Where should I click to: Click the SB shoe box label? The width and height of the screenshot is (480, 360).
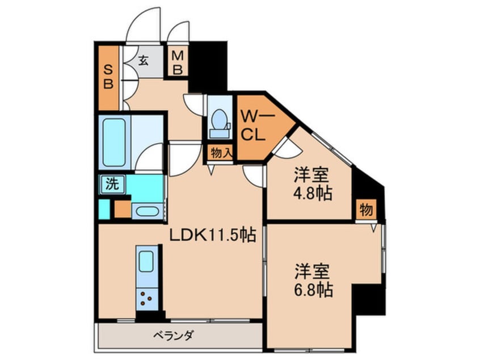tap(108, 77)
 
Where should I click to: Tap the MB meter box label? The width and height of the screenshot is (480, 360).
tap(178, 62)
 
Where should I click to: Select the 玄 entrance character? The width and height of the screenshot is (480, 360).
tap(144, 61)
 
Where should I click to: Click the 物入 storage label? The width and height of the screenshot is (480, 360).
tap(220, 152)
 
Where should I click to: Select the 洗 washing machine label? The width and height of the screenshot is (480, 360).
tap(111, 183)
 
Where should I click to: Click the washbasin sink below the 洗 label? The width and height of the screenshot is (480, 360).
tap(147, 210)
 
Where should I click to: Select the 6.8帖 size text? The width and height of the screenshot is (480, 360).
tap(313, 290)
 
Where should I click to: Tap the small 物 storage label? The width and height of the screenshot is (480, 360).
tap(365, 210)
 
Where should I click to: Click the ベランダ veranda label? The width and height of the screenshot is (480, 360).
tap(173, 336)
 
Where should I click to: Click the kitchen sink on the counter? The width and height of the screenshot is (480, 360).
tap(146, 262)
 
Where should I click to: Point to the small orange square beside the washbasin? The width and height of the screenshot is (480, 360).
tap(122, 210)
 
